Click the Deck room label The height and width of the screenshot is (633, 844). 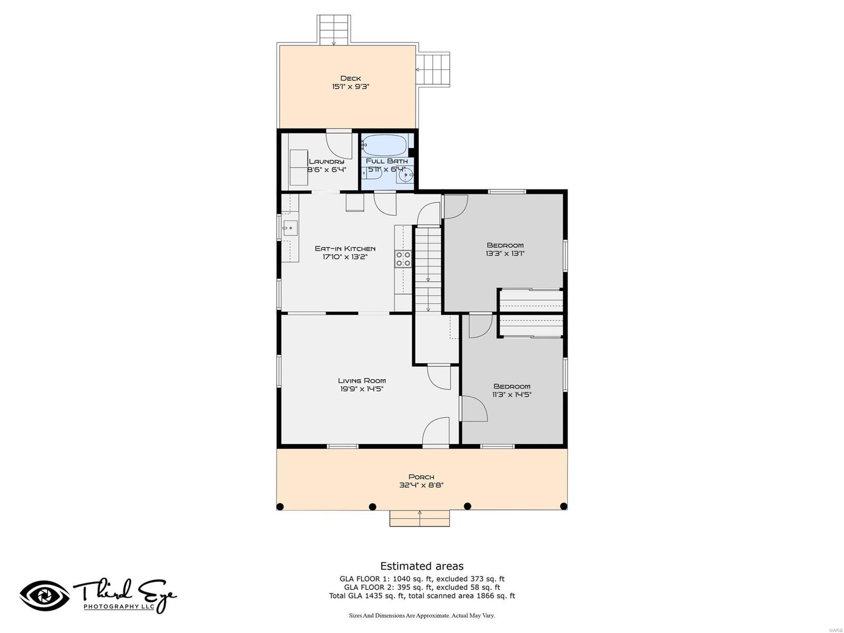point(350,78)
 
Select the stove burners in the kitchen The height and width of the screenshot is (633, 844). point(403,258)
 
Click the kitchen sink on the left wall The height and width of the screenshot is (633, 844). point(290,228)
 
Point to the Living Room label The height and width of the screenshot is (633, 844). point(362,380)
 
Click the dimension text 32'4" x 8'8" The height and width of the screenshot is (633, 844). point(421,485)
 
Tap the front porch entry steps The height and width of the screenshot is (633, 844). point(420,518)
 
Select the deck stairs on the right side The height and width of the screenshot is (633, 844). point(433,70)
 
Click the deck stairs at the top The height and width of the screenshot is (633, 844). point(334,30)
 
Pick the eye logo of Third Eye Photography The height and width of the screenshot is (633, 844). point(44,595)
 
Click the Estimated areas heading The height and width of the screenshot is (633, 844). point(422,566)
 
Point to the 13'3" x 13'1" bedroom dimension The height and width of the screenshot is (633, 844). point(505,253)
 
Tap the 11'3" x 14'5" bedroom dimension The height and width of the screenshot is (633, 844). point(512,395)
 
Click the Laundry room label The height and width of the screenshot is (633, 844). point(327,161)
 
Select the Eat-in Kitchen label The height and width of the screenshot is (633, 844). point(345,248)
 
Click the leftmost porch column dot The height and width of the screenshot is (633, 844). point(280,507)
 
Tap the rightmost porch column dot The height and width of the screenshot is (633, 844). point(563,506)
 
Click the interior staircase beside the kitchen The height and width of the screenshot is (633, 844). point(428,269)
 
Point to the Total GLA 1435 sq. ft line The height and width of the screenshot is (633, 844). point(422,596)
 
